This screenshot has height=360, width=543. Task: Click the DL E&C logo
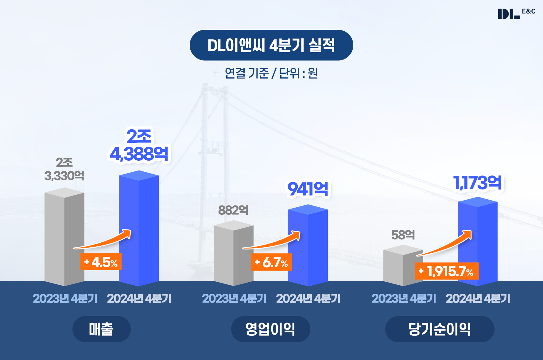click(x=516, y=14)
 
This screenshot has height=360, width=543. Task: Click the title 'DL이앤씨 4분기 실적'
click(x=271, y=45)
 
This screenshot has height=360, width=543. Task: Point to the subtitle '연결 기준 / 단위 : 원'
click(x=271, y=73)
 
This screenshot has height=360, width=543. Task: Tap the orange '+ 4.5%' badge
click(x=101, y=262)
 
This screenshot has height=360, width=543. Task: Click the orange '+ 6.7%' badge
click(x=271, y=262)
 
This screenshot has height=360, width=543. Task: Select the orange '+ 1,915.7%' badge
click(x=447, y=271)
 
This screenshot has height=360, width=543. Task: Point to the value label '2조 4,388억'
click(x=139, y=145)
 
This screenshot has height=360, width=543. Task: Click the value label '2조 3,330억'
click(x=64, y=169)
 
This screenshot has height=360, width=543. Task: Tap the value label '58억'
click(x=403, y=235)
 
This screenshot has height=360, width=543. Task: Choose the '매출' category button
click(x=101, y=329)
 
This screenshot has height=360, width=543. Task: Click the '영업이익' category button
click(x=270, y=329)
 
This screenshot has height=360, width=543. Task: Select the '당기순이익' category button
click(x=440, y=329)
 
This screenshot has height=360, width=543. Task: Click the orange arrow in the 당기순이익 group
click(x=445, y=244)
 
